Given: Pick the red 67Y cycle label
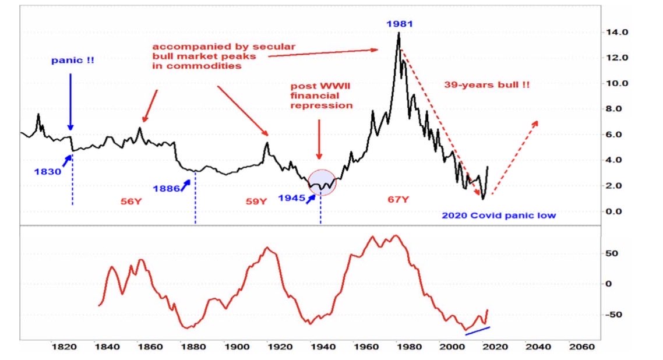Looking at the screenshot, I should pyautogui.click(x=399, y=200).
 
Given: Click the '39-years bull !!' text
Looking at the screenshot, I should pyautogui.click(x=487, y=84).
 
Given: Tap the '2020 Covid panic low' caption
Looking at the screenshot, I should pyautogui.click(x=499, y=216).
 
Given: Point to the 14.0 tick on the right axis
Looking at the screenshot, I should pyautogui.click(x=617, y=32).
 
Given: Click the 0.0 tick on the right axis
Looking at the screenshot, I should pyautogui.click(x=617, y=211).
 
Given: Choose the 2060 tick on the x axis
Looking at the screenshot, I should pyautogui.click(x=581, y=346).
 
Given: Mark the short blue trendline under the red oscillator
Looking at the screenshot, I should pyautogui.click(x=481, y=330).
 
